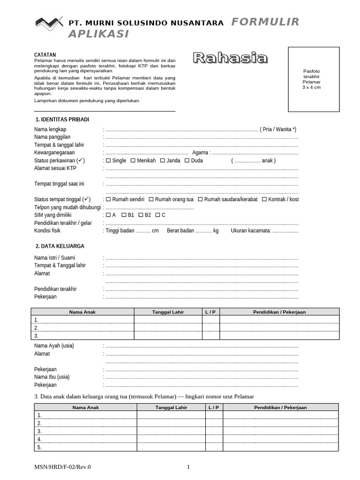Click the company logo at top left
[x=49, y=22]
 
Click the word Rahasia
[x=231, y=58]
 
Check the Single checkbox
[x=109, y=161]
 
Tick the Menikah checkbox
[x=133, y=161]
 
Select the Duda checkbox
[x=187, y=161]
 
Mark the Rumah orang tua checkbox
[x=151, y=199]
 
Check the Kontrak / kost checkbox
[x=264, y=199]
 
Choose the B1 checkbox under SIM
[x=124, y=215]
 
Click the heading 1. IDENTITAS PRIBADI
[x=62, y=120]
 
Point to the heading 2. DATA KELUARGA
[x=60, y=246]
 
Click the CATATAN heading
[x=45, y=55]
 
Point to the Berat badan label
[x=180, y=231]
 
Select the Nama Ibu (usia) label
[x=52, y=377]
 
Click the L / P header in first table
[x=210, y=312]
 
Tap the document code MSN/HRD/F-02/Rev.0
[x=63, y=467]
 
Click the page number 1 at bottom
[x=188, y=467]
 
